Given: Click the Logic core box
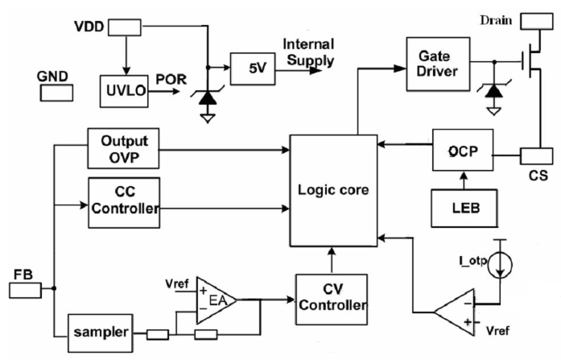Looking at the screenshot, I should [333, 191].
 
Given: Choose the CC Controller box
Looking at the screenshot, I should [125, 203].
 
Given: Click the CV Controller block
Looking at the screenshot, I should [332, 297].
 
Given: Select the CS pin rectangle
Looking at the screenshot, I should [534, 155].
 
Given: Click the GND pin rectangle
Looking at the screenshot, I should [55, 92].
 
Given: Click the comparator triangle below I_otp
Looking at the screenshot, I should [455, 310].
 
